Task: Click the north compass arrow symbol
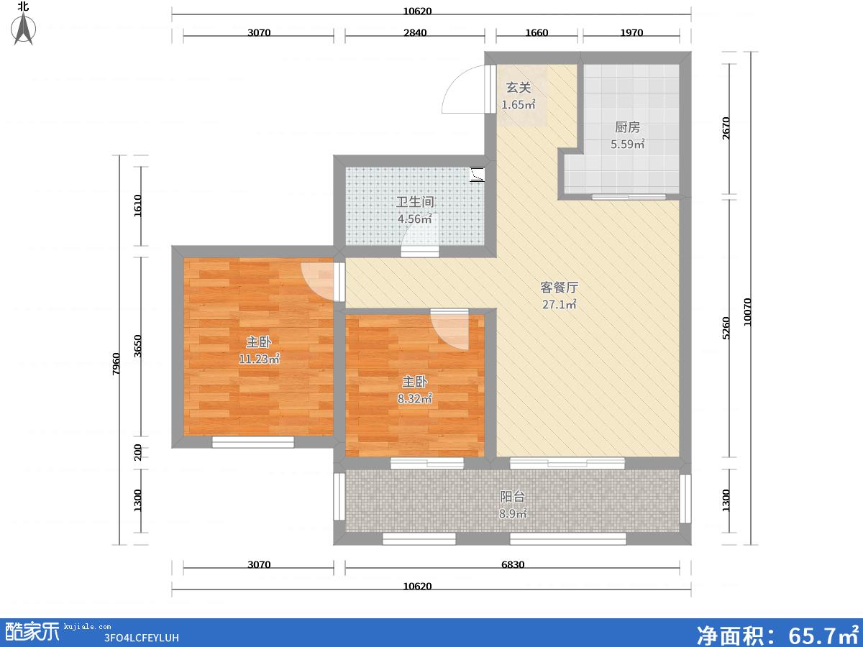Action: (24, 29)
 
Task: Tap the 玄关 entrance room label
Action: (519, 88)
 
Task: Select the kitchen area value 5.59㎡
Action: (628, 144)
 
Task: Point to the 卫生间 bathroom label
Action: (415, 202)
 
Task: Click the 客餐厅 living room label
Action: (559, 288)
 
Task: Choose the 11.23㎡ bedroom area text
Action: (259, 359)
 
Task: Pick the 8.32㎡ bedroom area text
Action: (415, 399)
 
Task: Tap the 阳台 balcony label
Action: (512, 497)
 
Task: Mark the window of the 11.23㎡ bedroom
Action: (253, 442)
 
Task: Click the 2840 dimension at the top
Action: (415, 32)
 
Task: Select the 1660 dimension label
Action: (536, 32)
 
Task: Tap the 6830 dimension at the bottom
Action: (513, 564)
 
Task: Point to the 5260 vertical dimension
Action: (726, 328)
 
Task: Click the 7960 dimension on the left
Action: (116, 364)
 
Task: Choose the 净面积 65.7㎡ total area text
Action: (777, 635)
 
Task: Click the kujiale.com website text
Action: (87, 627)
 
